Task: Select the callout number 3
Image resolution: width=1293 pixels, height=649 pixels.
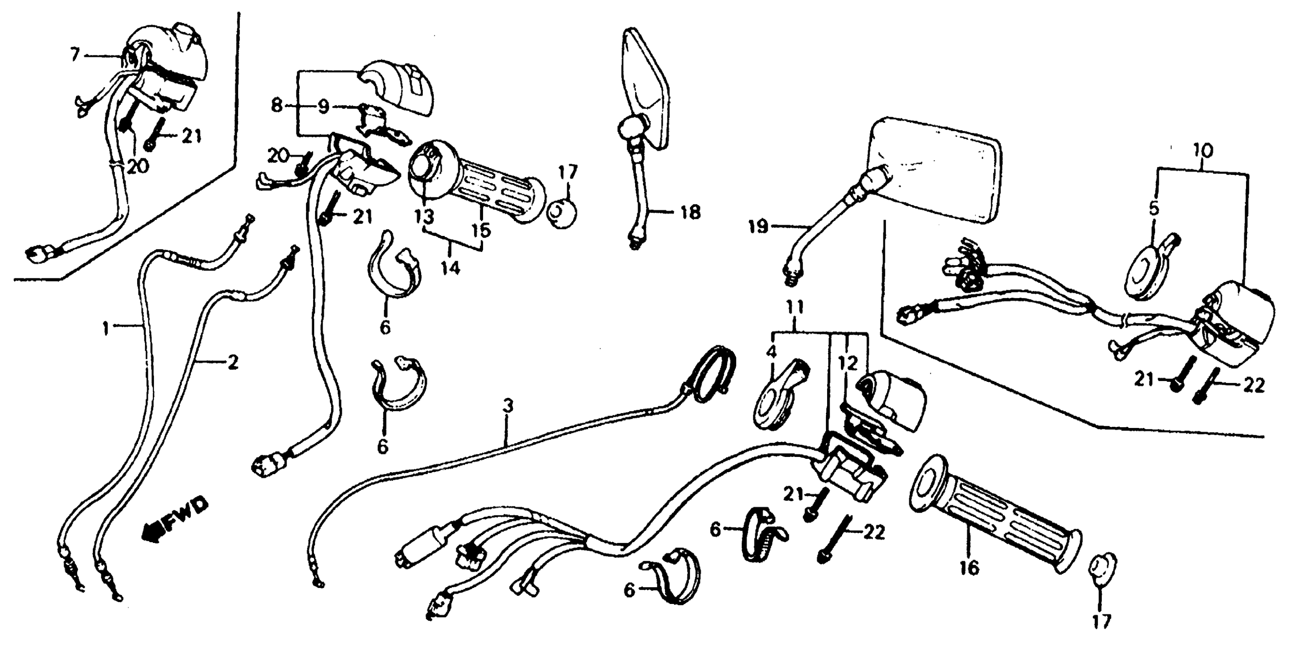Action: [x=508, y=406]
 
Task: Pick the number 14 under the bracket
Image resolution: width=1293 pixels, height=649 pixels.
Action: [x=450, y=269]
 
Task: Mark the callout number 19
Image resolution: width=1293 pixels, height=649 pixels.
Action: [x=758, y=227]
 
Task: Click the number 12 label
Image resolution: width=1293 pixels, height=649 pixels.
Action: [x=848, y=363]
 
